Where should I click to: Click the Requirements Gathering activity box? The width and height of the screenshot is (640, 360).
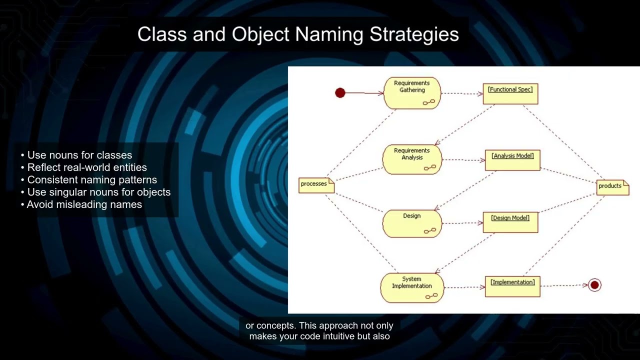click(x=412, y=93)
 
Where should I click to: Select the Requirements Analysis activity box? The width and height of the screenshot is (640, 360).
click(x=412, y=159)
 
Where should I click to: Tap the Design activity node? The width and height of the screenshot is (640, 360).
click(x=412, y=223)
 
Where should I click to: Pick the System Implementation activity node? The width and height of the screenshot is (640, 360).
click(x=412, y=287)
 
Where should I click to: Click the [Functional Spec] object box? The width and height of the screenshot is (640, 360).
click(x=510, y=93)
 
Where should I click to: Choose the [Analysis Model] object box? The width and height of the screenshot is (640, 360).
click(x=512, y=160)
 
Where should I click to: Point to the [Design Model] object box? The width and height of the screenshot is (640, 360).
click(x=510, y=222)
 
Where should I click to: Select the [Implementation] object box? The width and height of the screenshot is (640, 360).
click(x=512, y=286)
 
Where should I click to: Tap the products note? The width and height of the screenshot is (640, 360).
click(x=612, y=186)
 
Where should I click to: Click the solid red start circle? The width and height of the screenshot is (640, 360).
click(x=340, y=93)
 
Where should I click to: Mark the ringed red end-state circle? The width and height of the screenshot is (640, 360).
click(x=594, y=285)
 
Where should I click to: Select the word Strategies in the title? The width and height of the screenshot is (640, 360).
click(x=414, y=34)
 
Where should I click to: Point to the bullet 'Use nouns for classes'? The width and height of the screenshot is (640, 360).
click(x=79, y=155)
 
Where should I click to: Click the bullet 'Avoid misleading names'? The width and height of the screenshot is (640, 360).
click(x=84, y=204)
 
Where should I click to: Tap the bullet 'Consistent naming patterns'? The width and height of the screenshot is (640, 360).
click(x=92, y=180)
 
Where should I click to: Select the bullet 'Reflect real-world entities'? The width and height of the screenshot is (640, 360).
click(x=87, y=167)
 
